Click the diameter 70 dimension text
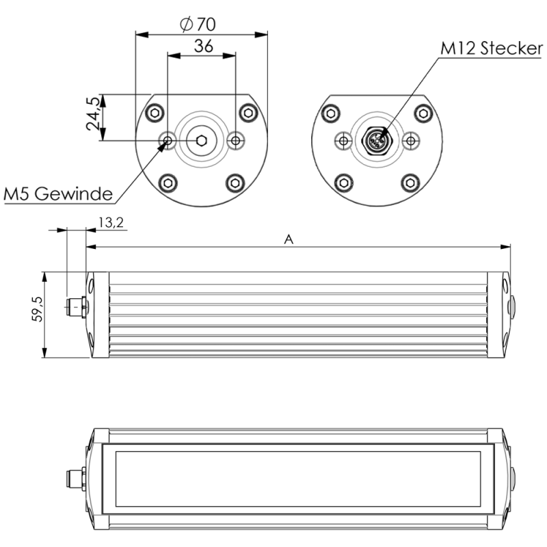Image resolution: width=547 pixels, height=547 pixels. [198, 24]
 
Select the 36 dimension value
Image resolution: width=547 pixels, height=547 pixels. [202, 46]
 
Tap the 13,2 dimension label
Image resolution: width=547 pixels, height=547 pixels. [111, 223]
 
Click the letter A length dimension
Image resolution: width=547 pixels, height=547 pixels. [289, 239]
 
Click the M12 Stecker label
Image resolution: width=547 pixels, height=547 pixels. [492, 49]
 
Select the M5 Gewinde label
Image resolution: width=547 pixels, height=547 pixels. [57, 194]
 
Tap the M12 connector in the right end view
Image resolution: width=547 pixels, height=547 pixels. [376, 140]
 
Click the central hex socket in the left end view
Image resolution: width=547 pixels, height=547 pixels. [202, 140]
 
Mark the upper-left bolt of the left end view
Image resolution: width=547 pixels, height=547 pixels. [156, 112]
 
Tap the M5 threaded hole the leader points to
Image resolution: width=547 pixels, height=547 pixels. [168, 140]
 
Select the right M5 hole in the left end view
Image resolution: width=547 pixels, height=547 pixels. [235, 140]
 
